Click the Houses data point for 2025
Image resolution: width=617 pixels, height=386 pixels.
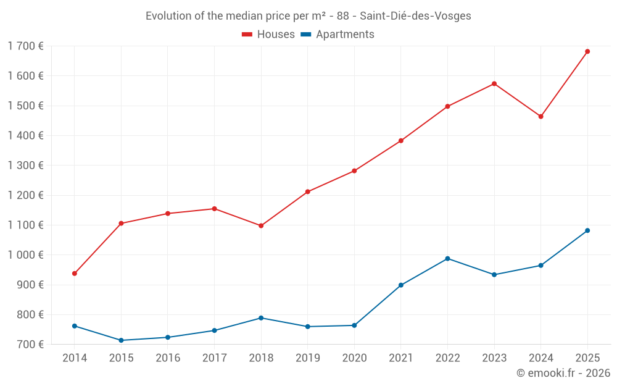click(x=587, y=51)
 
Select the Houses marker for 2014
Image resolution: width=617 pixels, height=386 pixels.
click(x=75, y=274)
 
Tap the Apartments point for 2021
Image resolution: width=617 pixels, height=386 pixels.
click(x=401, y=285)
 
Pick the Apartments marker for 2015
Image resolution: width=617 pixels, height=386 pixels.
click(x=121, y=340)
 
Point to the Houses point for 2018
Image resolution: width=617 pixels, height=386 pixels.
click(x=261, y=226)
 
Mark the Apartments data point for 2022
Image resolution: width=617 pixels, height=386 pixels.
click(x=447, y=259)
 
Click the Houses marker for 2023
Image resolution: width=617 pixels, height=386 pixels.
click(x=494, y=84)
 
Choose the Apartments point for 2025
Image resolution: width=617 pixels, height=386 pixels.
click(x=587, y=230)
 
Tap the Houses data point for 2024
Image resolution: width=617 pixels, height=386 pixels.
click(x=541, y=117)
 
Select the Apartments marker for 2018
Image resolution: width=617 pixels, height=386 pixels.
click(x=261, y=318)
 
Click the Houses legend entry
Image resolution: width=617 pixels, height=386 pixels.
click(x=268, y=35)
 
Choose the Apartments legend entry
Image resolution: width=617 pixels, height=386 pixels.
click(x=337, y=35)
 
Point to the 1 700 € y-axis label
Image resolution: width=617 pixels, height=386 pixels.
click(x=26, y=46)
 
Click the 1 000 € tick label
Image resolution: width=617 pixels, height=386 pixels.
click(x=26, y=254)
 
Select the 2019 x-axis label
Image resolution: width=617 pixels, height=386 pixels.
click(x=307, y=358)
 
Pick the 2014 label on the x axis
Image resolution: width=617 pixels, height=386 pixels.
click(x=75, y=358)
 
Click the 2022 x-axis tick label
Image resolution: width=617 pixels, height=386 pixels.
click(x=447, y=358)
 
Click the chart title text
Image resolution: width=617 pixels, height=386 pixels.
click(x=308, y=16)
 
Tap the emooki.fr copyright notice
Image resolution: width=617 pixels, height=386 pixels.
click(x=563, y=373)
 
